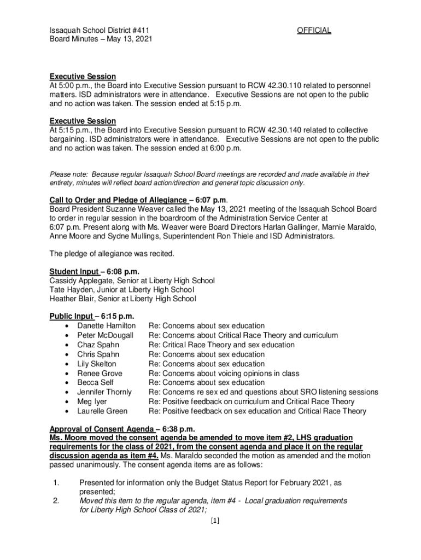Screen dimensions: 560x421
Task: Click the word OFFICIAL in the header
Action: [314, 31]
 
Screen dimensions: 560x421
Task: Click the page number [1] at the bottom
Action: [214, 521]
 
